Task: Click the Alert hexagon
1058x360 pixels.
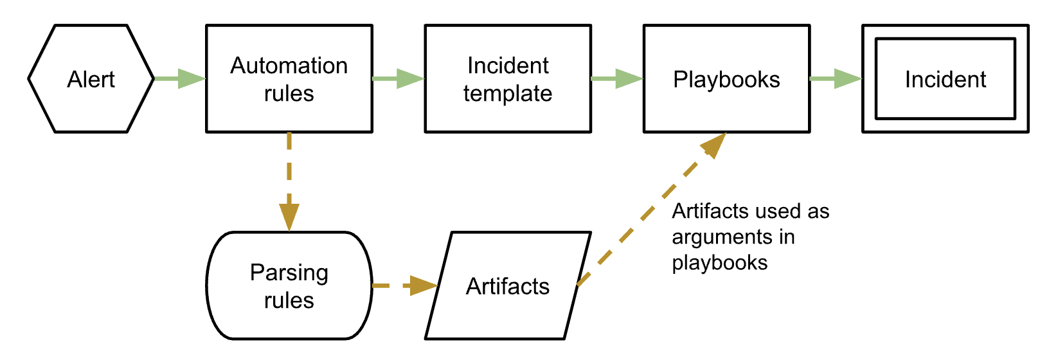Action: click(x=91, y=79)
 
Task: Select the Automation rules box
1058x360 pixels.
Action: click(x=289, y=79)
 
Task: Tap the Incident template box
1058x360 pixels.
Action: click(x=508, y=79)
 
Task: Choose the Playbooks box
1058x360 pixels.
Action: click(x=726, y=79)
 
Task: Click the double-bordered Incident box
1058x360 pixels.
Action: click(x=945, y=79)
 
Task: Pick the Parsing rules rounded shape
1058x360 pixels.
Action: click(x=289, y=286)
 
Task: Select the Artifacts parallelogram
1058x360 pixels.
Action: click(x=508, y=286)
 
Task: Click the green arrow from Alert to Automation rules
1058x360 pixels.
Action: click(x=181, y=79)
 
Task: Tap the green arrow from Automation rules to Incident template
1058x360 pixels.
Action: click(x=399, y=79)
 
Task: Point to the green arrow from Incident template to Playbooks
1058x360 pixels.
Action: click(x=617, y=79)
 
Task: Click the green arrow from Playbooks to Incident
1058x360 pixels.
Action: click(x=836, y=79)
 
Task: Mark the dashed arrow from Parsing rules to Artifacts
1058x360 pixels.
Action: click(x=405, y=285)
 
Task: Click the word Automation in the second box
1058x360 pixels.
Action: click(x=289, y=66)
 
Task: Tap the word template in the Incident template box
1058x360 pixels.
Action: click(x=508, y=94)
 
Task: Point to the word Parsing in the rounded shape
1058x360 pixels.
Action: click(x=289, y=273)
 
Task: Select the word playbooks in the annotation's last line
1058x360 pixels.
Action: click(x=719, y=263)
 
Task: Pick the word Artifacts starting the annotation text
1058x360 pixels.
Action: click(x=710, y=211)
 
